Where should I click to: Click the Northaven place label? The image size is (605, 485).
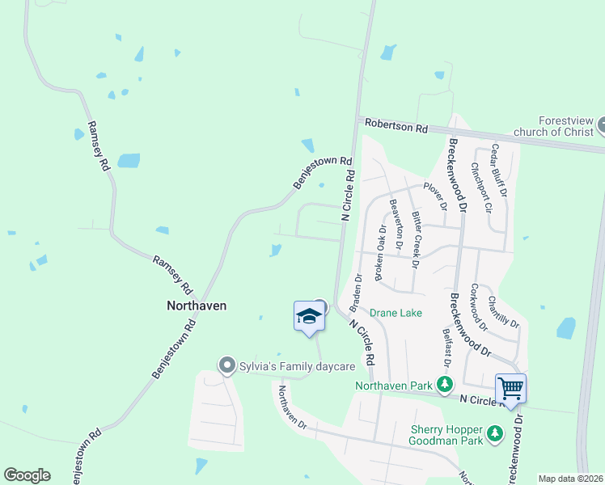pos(197,306)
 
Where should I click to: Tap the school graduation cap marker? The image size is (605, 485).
pos(309,316)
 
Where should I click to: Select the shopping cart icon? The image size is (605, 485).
pos(510,388)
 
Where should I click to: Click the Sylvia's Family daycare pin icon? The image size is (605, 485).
pos(227,366)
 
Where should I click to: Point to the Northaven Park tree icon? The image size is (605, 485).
pos(444,383)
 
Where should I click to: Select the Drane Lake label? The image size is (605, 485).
pos(391,313)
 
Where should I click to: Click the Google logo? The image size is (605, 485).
pos(27,475)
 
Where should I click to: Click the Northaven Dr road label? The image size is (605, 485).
pos(293,407)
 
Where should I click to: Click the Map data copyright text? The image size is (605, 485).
pos(571,479)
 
